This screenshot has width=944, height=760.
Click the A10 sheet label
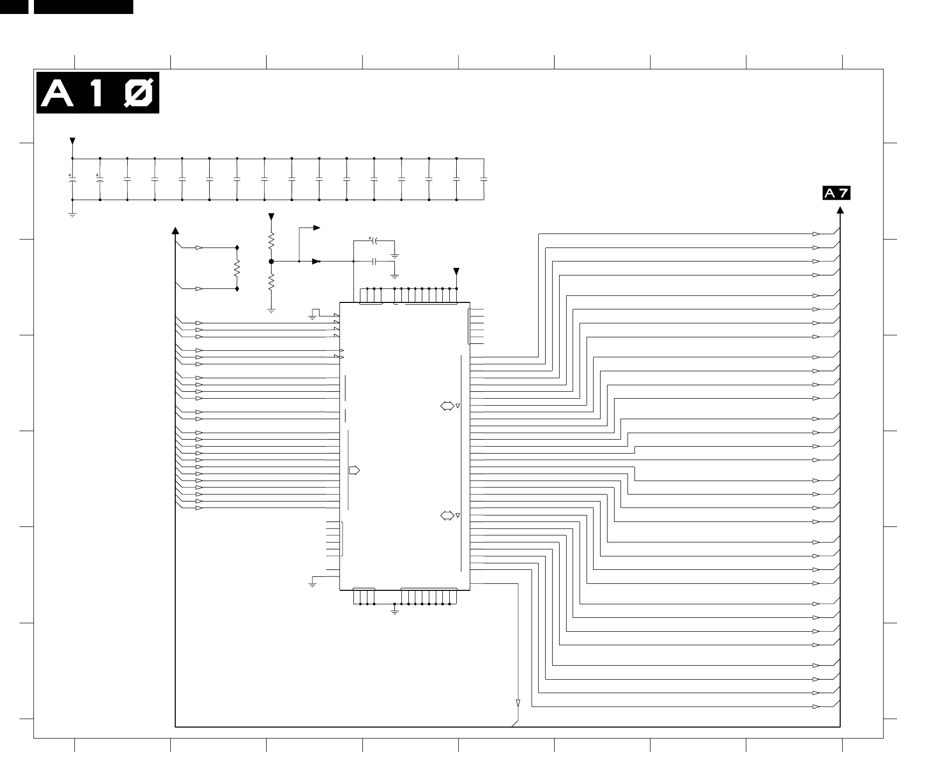coord(98,93)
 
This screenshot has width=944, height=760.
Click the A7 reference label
coord(836,193)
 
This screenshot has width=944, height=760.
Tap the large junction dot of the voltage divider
coord(272,261)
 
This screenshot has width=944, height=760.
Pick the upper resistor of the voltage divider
coord(272,242)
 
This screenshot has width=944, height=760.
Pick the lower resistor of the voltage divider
coord(272,282)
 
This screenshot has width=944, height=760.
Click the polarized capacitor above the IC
coord(374,241)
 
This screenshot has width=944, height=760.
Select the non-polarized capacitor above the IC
coord(374,261)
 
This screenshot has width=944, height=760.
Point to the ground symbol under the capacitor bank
coord(72,215)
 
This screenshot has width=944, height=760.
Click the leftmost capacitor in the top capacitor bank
coord(72,179)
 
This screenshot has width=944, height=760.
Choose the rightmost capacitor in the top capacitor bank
coord(484,179)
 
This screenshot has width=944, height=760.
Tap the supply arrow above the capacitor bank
coord(72,141)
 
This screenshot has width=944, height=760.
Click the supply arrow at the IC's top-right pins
coord(456,271)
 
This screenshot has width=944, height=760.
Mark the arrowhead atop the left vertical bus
coord(175,231)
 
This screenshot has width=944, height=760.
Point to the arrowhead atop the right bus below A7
coord(840,210)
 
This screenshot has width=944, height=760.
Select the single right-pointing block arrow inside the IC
coord(354,470)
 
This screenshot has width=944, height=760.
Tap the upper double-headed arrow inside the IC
coord(447,406)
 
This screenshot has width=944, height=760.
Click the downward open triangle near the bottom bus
coord(518,703)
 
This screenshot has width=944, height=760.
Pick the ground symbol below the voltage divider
coord(272,310)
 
